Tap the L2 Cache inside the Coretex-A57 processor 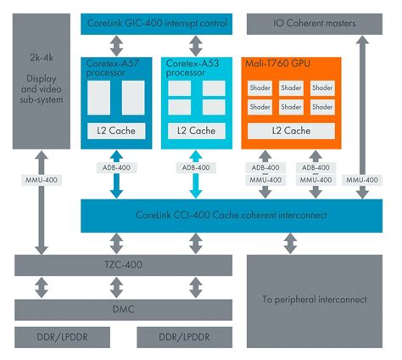click(x=116, y=131)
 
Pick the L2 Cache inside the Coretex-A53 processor click(x=195, y=131)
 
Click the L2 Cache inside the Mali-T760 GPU click(x=290, y=131)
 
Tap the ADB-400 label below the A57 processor click(x=116, y=168)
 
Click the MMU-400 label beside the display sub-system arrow click(x=40, y=179)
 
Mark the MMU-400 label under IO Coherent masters click(x=363, y=179)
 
